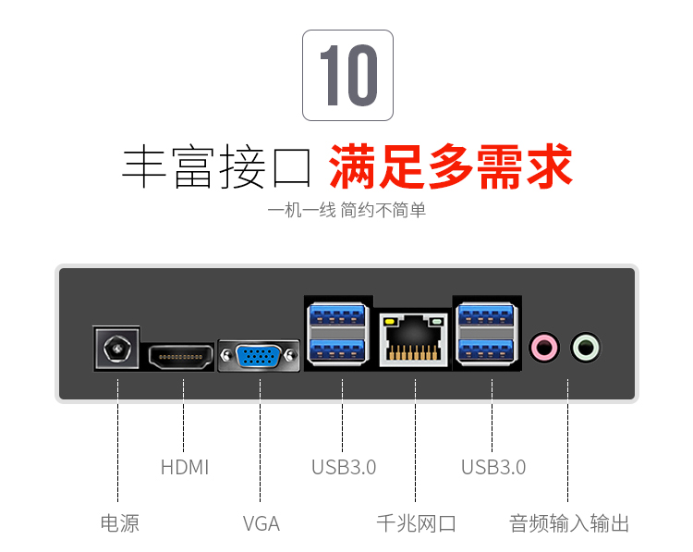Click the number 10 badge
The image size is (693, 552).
[347, 75]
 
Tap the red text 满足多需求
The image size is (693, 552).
[450, 166]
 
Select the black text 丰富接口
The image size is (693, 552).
[216, 166]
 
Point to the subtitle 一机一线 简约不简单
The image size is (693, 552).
[346, 210]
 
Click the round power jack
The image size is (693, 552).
[117, 349]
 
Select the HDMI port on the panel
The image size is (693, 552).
[180, 357]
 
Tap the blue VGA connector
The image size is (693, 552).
[259, 356]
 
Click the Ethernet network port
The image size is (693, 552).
[414, 339]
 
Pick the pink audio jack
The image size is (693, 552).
[544, 348]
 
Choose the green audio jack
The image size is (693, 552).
[586, 348]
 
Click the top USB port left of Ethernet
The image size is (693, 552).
[338, 315]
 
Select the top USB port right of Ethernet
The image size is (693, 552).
[487, 315]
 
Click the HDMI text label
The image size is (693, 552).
[185, 467]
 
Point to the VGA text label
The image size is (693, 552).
[261, 523]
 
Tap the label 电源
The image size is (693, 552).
[120, 523]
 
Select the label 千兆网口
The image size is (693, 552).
[416, 523]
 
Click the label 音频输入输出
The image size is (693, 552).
[569, 523]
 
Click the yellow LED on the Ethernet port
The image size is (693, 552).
[390, 321]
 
